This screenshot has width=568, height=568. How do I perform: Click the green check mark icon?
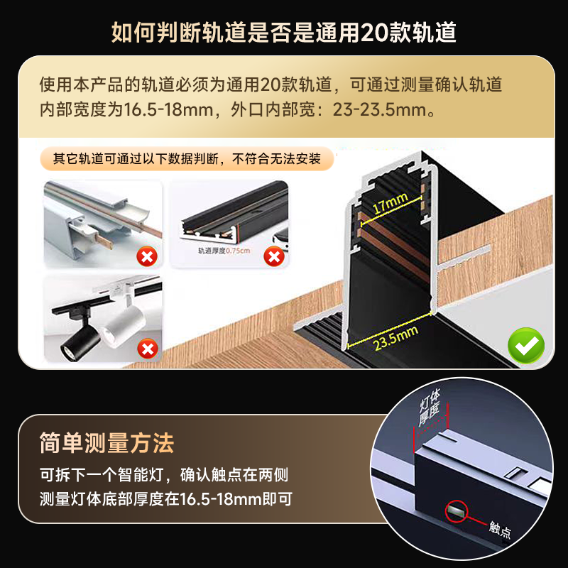pos(526,346)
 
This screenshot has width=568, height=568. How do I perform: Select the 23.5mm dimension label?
pos(395,341)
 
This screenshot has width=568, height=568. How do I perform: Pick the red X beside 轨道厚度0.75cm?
pos(274,256)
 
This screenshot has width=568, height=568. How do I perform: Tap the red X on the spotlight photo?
pos(147,349)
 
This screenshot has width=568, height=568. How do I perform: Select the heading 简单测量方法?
pos(106,444)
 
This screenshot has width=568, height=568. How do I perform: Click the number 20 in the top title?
pos(376,32)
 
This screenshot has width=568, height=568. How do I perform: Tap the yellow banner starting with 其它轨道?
pos(187,158)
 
